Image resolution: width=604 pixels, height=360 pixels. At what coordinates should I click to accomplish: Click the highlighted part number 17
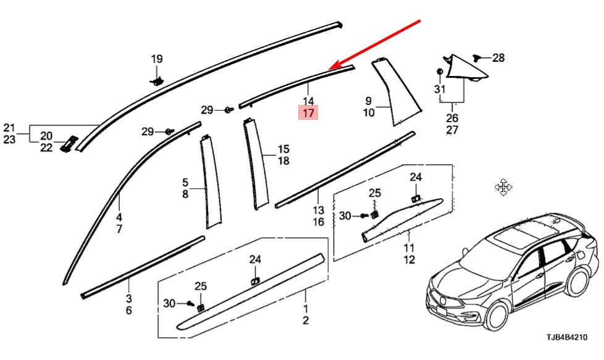(x=308, y=113)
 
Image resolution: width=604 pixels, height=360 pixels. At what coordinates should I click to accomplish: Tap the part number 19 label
(x=157, y=59)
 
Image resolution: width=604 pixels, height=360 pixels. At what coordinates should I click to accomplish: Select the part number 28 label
(x=498, y=58)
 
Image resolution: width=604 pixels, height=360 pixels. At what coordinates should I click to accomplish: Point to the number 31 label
(x=439, y=89)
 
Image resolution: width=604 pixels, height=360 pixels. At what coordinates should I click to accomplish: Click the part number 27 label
(x=452, y=130)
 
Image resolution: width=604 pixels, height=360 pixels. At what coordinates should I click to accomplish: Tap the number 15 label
(x=283, y=149)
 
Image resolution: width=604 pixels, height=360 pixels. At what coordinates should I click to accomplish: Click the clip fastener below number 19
(x=157, y=80)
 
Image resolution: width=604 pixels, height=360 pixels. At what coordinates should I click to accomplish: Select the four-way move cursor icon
(x=503, y=187)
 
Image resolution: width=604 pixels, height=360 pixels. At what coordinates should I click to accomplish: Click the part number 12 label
(x=409, y=260)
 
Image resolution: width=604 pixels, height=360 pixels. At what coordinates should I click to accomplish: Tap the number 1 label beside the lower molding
(x=306, y=308)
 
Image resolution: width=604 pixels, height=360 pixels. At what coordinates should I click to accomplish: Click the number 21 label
(x=9, y=128)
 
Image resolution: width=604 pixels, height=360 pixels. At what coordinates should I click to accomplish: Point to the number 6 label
(x=128, y=310)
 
